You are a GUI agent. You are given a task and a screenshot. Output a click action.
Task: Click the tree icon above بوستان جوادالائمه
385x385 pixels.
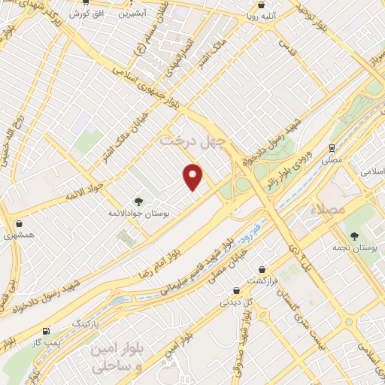click(138, 201)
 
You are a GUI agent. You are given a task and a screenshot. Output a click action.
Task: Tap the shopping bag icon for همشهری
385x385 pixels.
click(19, 223)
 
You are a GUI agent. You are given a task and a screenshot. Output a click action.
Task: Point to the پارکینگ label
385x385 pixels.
click(85, 323)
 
